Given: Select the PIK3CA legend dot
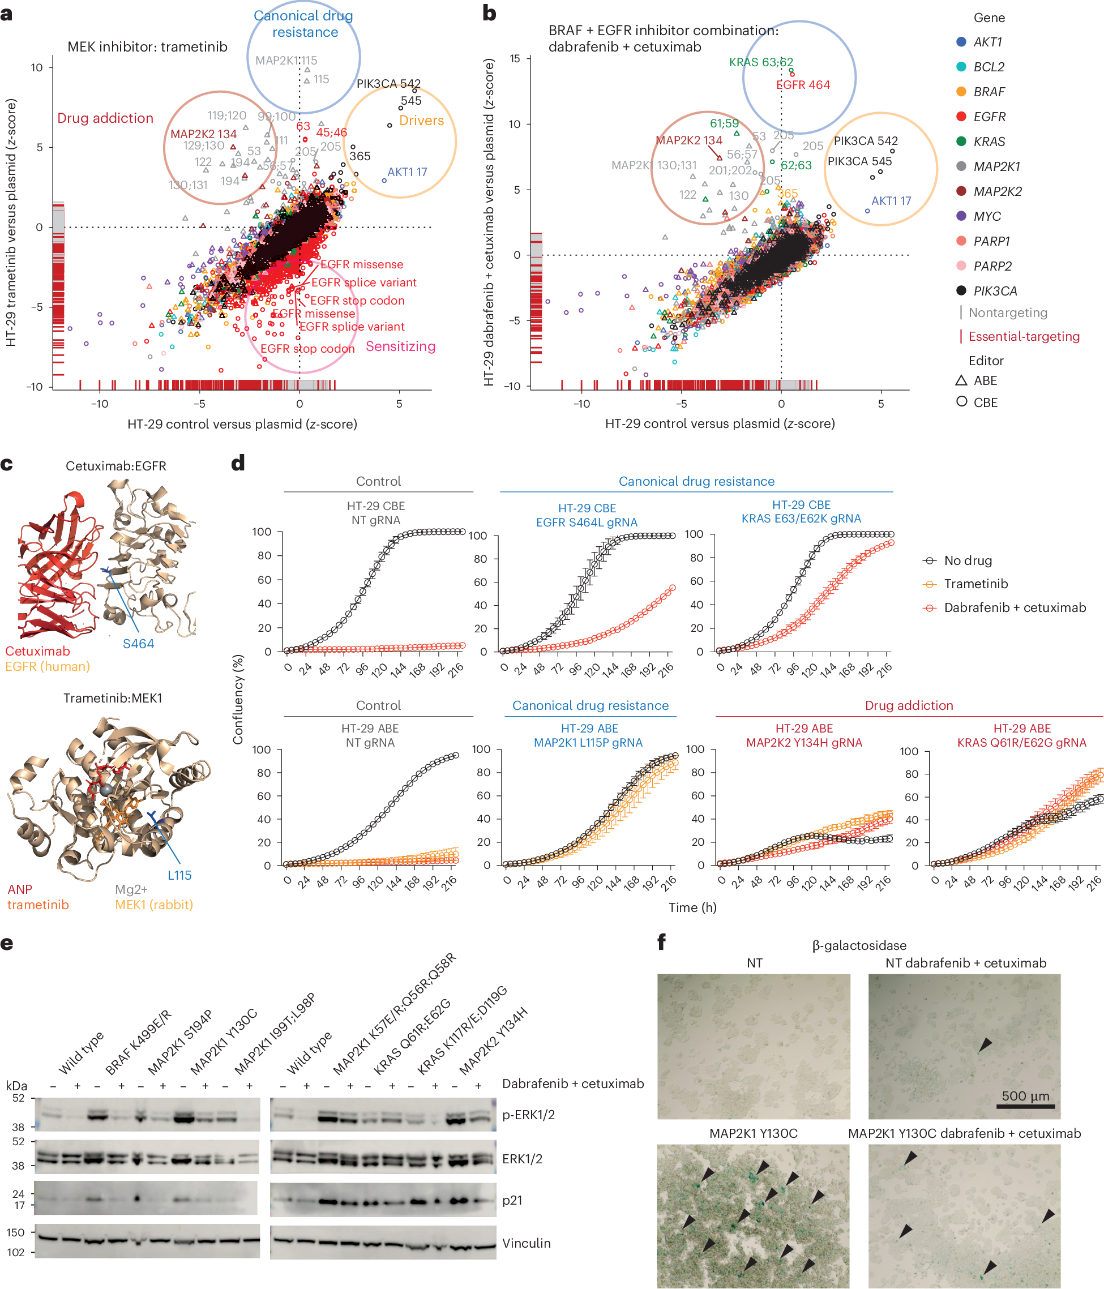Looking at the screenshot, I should pyautogui.click(x=961, y=290).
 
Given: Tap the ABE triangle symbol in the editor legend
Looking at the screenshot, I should pyautogui.click(x=961, y=380).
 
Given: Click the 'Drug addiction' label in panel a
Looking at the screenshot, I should pyautogui.click(x=105, y=118).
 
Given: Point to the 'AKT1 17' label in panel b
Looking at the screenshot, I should pyautogui.click(x=891, y=201).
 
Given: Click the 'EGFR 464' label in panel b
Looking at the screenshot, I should pyautogui.click(x=803, y=84).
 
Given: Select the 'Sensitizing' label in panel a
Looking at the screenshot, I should pyautogui.click(x=400, y=346).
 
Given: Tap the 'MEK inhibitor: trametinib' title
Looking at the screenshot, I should pyautogui.click(x=148, y=46).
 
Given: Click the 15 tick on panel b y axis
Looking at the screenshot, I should pyautogui.click(x=515, y=58).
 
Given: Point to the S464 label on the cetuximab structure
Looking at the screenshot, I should pyautogui.click(x=138, y=644).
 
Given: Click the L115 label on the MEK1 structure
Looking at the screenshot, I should pyautogui.click(x=179, y=875).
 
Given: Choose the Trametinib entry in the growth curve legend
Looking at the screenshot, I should pyautogui.click(x=975, y=584).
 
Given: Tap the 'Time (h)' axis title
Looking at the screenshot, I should pyautogui.click(x=692, y=907).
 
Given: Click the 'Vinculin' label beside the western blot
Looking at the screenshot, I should pyautogui.click(x=526, y=1243).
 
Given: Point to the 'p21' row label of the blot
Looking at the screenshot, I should pyautogui.click(x=512, y=1200).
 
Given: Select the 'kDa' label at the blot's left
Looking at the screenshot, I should pyautogui.click(x=16, y=1086).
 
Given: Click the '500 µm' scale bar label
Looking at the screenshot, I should pyautogui.click(x=1025, y=1095).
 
